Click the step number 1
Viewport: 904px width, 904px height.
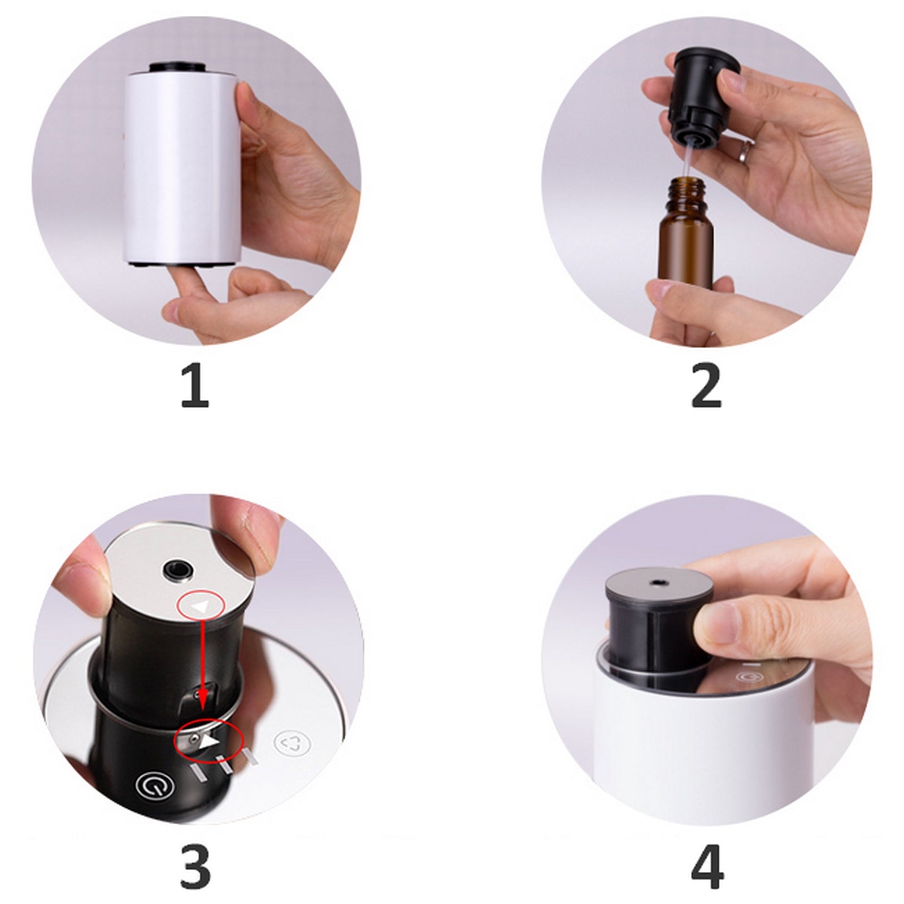[x=195, y=386]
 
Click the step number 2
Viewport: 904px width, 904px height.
[x=706, y=386]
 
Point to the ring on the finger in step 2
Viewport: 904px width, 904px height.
[x=746, y=150]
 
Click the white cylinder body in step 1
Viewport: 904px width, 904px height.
[x=184, y=167]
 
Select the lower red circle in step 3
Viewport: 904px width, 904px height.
[x=208, y=740]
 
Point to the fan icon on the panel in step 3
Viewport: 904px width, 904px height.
[x=292, y=743]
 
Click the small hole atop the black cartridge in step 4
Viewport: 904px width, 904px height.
[x=658, y=582]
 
